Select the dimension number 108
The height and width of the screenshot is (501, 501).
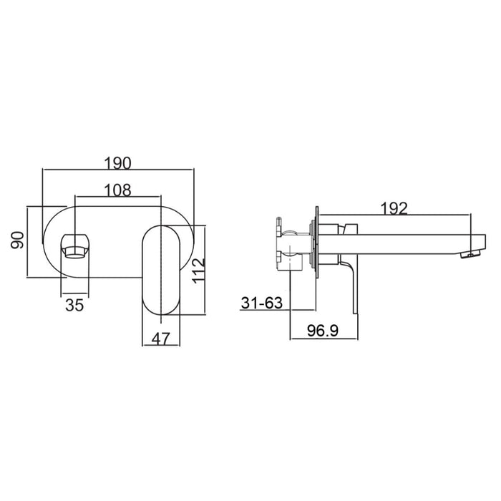pos(117,190)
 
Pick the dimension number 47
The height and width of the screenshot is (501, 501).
pos(161,339)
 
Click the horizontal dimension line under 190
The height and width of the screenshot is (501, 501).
pos(118,170)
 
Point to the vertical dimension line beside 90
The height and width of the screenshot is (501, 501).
pos(28,241)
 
